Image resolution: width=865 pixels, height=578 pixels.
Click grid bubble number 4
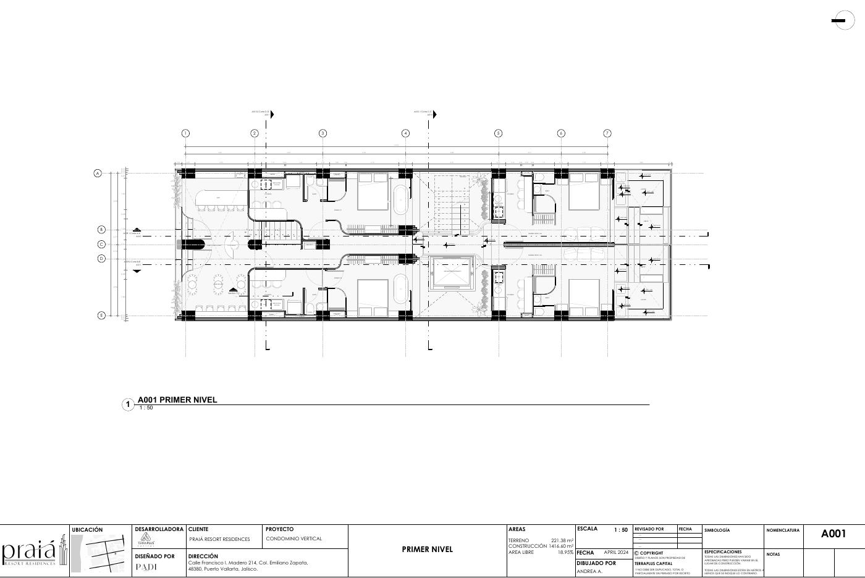pyautogui.click(x=405, y=133)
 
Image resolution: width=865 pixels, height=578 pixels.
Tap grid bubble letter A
pyautogui.click(x=98, y=174)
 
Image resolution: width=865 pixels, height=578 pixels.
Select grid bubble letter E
pyautogui.click(x=102, y=316)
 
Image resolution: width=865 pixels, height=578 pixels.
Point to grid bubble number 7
pyautogui.click(x=607, y=133)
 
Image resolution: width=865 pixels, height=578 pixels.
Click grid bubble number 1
pyautogui.click(x=185, y=133)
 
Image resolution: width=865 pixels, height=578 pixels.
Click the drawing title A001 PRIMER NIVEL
pyautogui.click(x=177, y=400)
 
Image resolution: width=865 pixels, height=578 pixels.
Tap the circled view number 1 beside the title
pyautogui.click(x=129, y=405)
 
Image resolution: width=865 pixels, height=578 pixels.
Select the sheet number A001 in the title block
pyautogui.click(x=833, y=534)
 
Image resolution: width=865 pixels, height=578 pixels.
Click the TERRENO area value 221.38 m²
pyautogui.click(x=562, y=540)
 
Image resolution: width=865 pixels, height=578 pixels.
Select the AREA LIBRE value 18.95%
pyautogui.click(x=565, y=553)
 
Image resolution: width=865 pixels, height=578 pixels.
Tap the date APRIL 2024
pyautogui.click(x=615, y=553)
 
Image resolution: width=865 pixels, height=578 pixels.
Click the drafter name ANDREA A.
pyautogui.click(x=589, y=572)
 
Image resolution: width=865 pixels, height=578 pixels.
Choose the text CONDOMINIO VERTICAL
pyautogui.click(x=294, y=538)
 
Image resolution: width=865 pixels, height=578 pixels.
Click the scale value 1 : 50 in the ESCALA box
pyautogui.click(x=620, y=530)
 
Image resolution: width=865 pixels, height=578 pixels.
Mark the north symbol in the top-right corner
pyautogui.click(x=843, y=21)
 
